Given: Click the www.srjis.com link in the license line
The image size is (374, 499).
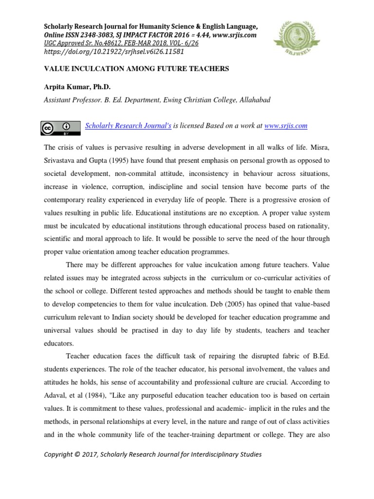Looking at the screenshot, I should [285, 126].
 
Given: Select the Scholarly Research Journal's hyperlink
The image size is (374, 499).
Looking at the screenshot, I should [128, 126].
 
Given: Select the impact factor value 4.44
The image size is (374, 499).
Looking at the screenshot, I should [203, 35].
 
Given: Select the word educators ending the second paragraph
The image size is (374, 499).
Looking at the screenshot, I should [60, 343].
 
